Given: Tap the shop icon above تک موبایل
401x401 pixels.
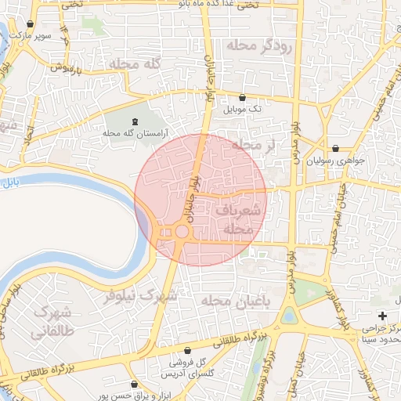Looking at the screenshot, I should pyautogui.click(x=241, y=98).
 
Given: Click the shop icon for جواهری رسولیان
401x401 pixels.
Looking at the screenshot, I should pyautogui.click(x=335, y=148).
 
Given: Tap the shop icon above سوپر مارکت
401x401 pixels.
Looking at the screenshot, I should pyautogui.click(x=31, y=23).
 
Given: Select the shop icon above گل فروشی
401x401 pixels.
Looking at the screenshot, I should pyautogui.click(x=186, y=350).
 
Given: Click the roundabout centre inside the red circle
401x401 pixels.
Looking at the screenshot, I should pyautogui.click(x=182, y=232).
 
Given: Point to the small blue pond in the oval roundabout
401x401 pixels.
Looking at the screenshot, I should pyautogui.click(x=291, y=316).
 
